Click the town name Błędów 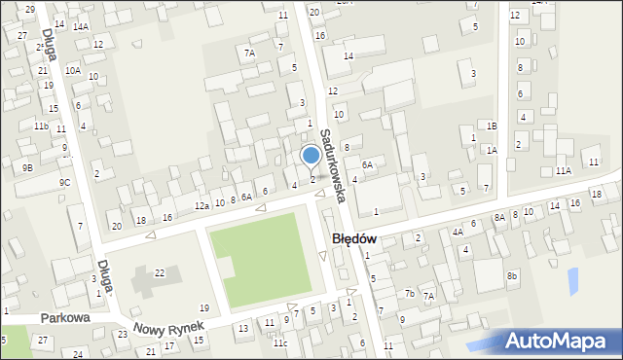click(x=354, y=238)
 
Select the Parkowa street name click(x=65, y=318)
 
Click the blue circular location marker click(x=311, y=156)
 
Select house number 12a click(x=202, y=206)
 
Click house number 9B click(x=27, y=167)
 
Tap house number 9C click(x=64, y=182)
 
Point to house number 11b click(x=41, y=126)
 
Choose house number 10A click(x=72, y=70)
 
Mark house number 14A click(x=80, y=26)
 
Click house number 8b click(x=512, y=276)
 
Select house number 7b click(x=410, y=293)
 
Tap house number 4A click(x=457, y=232)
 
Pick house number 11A click(x=563, y=170)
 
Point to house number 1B click(x=492, y=126)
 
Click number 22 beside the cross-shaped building click(x=160, y=272)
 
